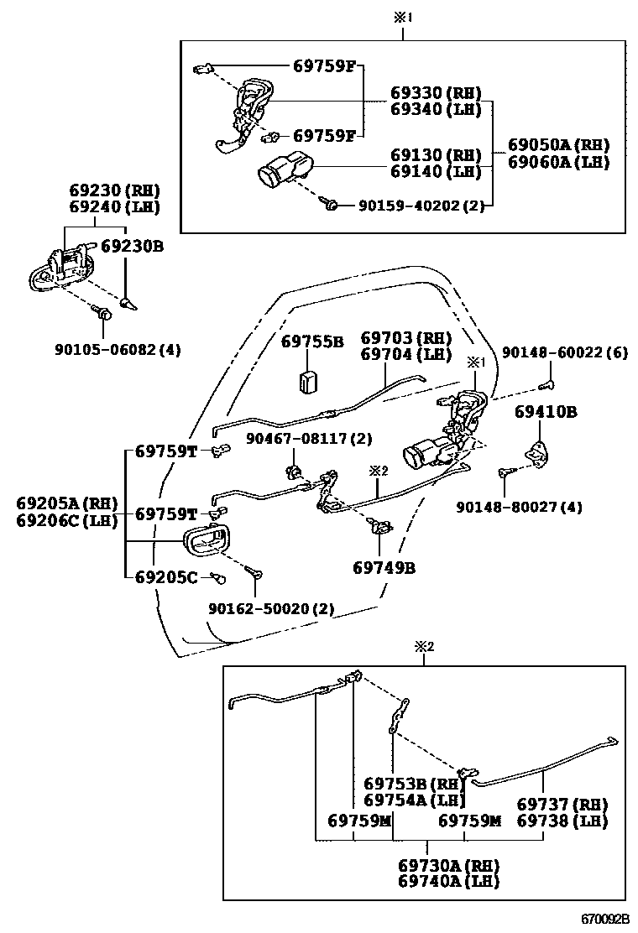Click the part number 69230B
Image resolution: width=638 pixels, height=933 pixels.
tap(132, 247)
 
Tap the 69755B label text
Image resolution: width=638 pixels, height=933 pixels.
tap(312, 341)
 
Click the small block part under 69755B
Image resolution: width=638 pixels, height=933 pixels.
tap(309, 379)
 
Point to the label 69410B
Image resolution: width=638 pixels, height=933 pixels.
tap(546, 412)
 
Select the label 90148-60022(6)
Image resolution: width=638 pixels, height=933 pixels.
tap(564, 354)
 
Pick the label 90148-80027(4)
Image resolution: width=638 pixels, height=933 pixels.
tap(520, 507)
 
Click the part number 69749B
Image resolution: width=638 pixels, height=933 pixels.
tap(384, 567)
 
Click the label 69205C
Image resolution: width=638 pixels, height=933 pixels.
tap(166, 576)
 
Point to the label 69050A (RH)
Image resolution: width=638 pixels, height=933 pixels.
tap(558, 144)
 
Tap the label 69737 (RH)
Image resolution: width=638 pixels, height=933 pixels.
tap(561, 803)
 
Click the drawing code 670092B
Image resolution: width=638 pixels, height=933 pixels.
tap(606, 920)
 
